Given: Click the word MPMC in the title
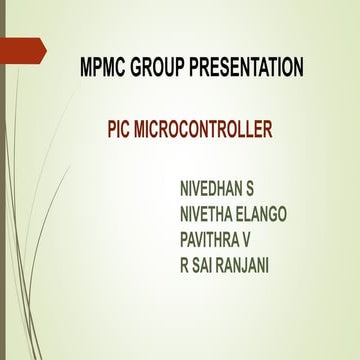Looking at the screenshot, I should point(104,69).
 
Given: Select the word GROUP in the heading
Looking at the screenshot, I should point(164,69).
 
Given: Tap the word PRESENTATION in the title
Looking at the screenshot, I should point(250,69).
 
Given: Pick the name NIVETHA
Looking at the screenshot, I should point(208,212).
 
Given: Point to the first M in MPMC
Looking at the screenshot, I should point(86,69).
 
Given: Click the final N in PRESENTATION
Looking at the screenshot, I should point(298,69).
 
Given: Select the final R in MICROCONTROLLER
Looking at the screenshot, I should point(267,130).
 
